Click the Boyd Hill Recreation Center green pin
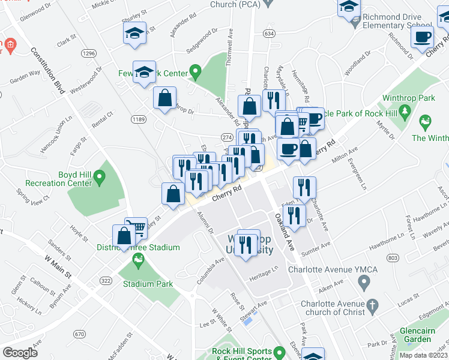pos(100,177)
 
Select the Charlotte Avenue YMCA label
pos(333,269)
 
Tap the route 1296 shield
pos(89,53)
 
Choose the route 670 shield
pos(79,334)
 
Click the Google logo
pos(21,353)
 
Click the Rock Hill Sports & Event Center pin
pos(279,352)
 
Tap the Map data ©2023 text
pos(424,355)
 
